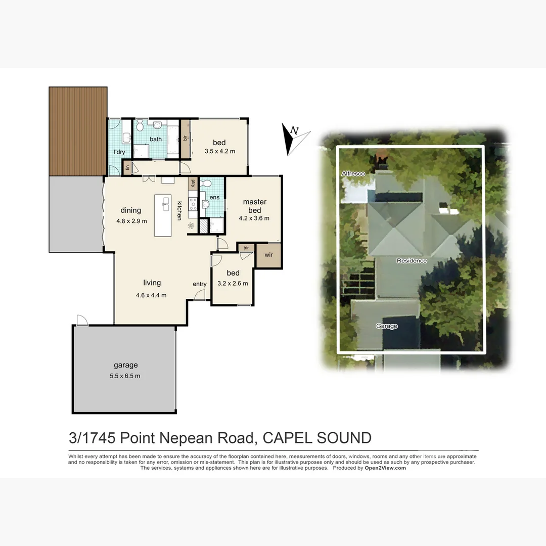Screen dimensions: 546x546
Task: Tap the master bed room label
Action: click(254, 206)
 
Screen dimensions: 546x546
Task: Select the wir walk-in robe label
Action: click(268, 255)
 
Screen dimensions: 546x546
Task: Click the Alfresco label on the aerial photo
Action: click(353, 174)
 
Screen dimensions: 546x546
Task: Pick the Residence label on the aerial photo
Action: click(412, 261)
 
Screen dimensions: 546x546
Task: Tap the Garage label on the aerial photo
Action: click(387, 326)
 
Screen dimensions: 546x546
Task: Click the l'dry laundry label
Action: click(119, 152)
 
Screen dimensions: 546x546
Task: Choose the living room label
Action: click(152, 283)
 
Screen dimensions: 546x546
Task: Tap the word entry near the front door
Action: click(200, 284)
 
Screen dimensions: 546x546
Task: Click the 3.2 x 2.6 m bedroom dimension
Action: click(233, 284)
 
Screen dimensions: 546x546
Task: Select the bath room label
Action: click(156, 139)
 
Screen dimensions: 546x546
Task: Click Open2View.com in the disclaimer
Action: click(385, 468)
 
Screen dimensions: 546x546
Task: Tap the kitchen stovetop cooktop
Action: click(193, 204)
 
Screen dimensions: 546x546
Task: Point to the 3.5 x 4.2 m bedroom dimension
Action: click(219, 151)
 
